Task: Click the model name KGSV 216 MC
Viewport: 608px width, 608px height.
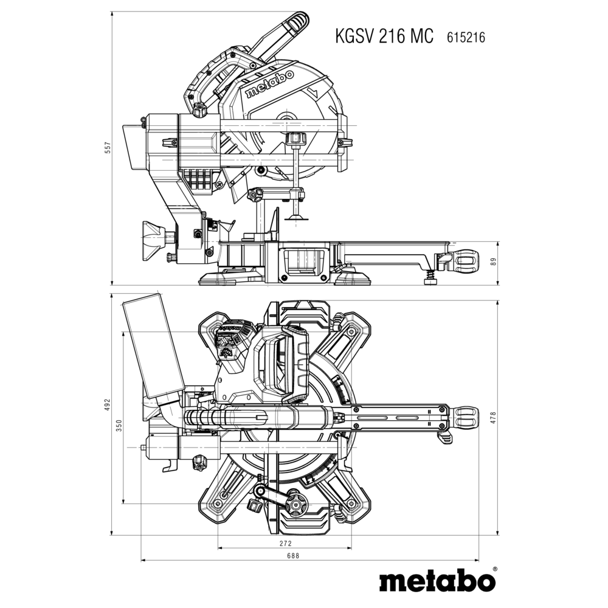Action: pyautogui.click(x=384, y=36)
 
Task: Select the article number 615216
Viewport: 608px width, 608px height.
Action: pyautogui.click(x=466, y=38)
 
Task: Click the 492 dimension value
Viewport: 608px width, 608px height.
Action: pyautogui.click(x=106, y=406)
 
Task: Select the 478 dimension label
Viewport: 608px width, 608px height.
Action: pyautogui.click(x=494, y=418)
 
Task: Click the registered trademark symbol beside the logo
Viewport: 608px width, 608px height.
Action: pyautogui.click(x=495, y=570)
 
